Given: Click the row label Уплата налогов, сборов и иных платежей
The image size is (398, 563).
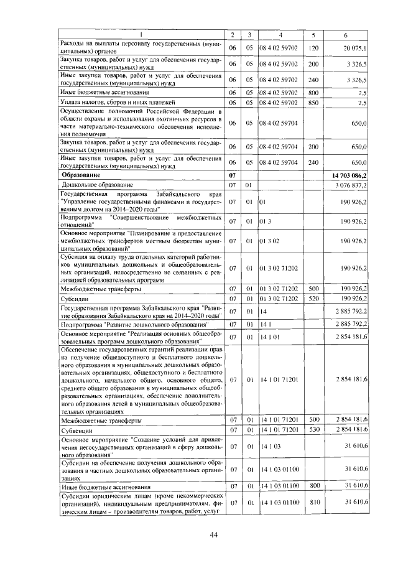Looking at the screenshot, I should (110, 102).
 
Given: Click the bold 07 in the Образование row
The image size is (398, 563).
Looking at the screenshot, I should (233, 176).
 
